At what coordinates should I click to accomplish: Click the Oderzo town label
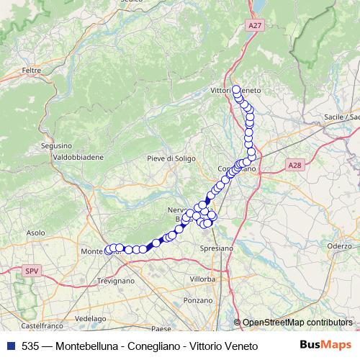point(338,246)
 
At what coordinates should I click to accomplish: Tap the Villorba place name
point(202,278)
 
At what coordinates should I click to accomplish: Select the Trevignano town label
point(115,279)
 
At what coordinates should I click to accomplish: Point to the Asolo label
point(35,233)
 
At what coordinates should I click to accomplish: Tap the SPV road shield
point(31,271)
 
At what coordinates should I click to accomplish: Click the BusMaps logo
point(327,345)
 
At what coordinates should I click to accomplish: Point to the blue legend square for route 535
point(10,346)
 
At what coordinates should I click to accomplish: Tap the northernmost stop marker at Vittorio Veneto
point(235,89)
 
